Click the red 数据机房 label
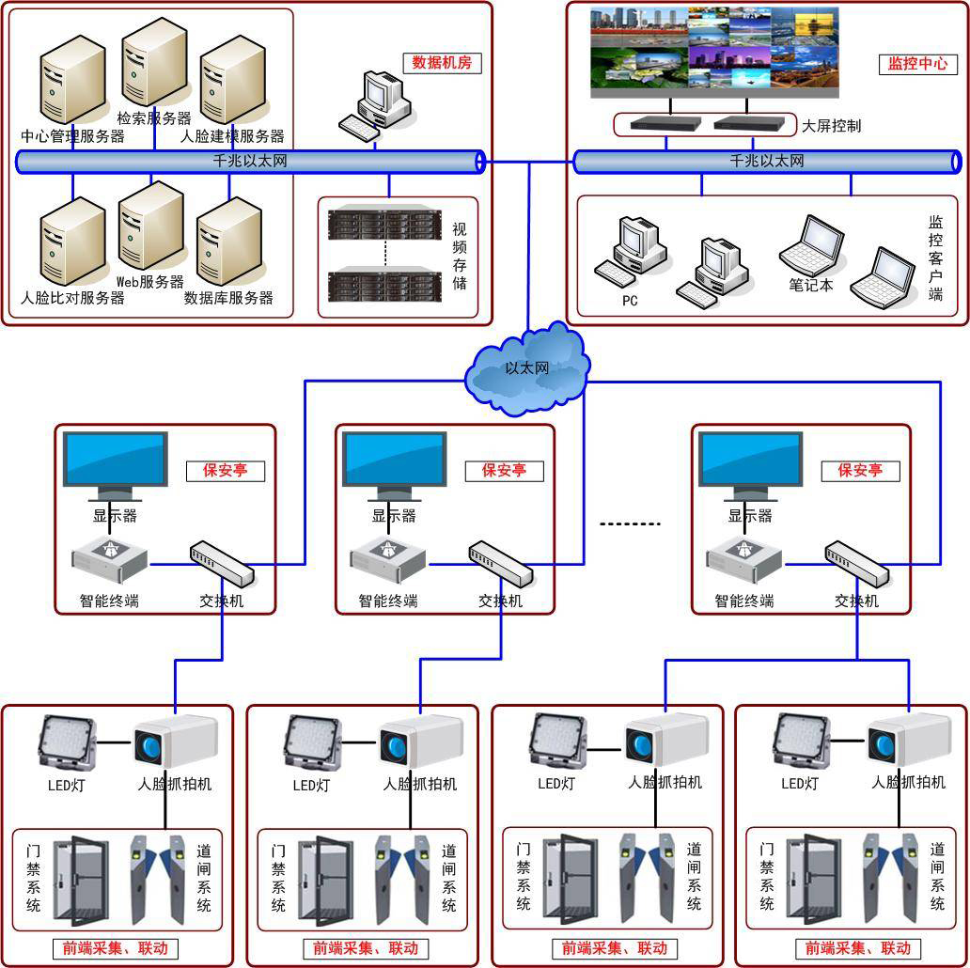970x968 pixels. pos(442,62)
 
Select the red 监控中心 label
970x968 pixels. pos(917,64)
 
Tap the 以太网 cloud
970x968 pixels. pos(526,368)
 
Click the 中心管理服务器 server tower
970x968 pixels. pos(72,80)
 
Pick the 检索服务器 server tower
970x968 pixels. pos(154,62)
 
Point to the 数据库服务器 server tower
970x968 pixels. pos(229,242)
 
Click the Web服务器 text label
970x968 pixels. pos(150,282)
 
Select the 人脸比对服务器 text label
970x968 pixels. pos(72,298)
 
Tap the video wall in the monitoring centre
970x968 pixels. pos(714,54)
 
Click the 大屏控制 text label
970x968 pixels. pos(831,126)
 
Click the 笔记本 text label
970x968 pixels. pos(811,285)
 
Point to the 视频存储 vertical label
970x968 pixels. pos(459,256)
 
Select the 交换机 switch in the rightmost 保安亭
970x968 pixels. pos(857,564)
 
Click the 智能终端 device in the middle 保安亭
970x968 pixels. pos(388,559)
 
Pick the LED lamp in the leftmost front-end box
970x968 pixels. pos(67,742)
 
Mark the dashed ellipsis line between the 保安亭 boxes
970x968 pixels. pos(631,523)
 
